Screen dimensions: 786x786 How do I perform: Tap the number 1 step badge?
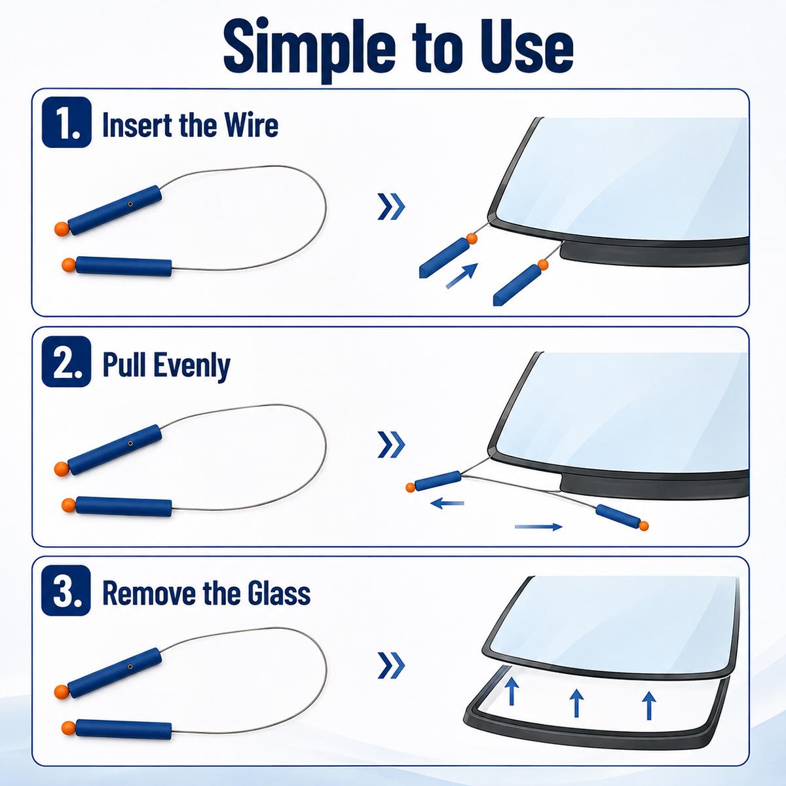point(67,122)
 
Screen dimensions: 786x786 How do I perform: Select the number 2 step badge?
point(67,362)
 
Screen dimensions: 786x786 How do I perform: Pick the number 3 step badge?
point(66,590)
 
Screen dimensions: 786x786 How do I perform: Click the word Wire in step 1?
point(252,124)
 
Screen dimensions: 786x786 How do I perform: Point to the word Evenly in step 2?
point(193,366)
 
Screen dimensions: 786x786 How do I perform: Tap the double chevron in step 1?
point(391,207)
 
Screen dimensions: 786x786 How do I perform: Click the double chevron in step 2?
point(391,444)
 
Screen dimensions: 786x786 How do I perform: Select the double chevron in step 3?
point(391,665)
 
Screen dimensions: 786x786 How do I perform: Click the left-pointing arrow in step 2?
point(447,503)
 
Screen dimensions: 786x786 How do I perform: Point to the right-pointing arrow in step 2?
point(539,527)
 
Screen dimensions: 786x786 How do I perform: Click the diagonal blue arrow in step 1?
point(462,276)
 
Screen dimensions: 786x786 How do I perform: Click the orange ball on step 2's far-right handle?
point(644,526)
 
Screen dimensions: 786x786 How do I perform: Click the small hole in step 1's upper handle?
point(130,202)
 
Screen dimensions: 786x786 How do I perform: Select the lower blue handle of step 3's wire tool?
point(124,728)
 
